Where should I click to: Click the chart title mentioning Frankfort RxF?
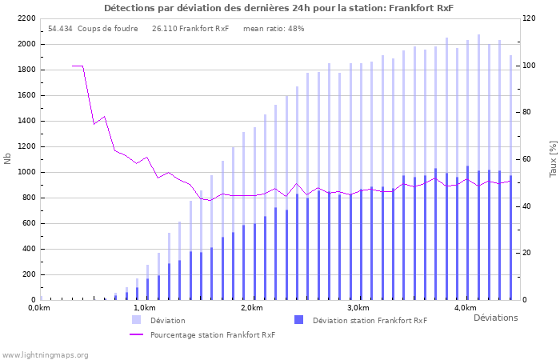click(x=278, y=8)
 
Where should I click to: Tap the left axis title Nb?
click(x=8, y=158)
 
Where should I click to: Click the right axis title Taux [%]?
click(x=553, y=158)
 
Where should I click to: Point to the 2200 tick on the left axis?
click(x=26, y=18)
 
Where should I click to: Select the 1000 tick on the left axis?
click(x=26, y=172)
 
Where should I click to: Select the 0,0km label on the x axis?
click(x=39, y=308)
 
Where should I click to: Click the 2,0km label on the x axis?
click(x=251, y=308)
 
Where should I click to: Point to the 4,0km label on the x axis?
click(x=465, y=308)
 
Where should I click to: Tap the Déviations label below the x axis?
click(x=495, y=318)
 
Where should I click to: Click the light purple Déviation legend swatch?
click(x=137, y=320)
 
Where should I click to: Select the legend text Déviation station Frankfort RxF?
click(x=370, y=321)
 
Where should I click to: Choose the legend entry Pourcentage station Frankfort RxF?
click(x=212, y=335)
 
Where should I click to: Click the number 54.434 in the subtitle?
click(x=60, y=29)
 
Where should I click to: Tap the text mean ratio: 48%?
click(x=274, y=29)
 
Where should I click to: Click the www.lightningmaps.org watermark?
click(x=45, y=354)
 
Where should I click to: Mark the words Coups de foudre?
click(x=107, y=29)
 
